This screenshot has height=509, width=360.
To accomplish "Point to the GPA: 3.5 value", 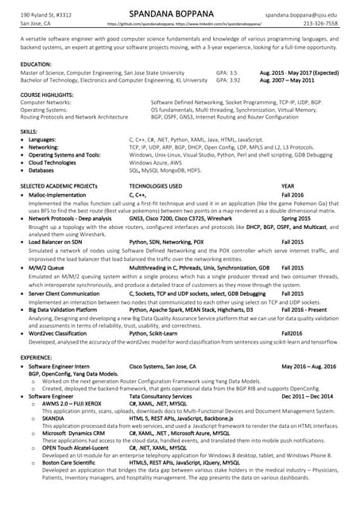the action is (x=226, y=72).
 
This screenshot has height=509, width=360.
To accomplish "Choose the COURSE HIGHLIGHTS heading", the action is (x=48, y=95).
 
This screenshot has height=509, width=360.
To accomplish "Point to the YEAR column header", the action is (x=288, y=185).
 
